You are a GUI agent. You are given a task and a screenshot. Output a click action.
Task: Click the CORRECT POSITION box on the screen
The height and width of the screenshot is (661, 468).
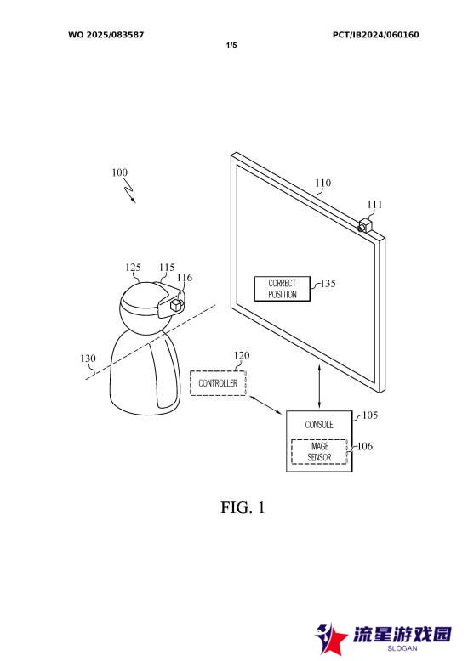click(x=283, y=289)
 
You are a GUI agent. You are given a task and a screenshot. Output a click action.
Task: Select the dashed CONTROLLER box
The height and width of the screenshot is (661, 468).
click(x=218, y=383)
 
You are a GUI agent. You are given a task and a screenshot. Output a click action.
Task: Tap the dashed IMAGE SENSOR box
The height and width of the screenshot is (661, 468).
click(x=319, y=451)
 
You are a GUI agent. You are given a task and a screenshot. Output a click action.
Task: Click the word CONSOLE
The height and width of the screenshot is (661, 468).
click(x=319, y=425)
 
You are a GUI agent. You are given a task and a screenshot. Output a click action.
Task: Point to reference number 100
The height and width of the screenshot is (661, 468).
click(x=119, y=172)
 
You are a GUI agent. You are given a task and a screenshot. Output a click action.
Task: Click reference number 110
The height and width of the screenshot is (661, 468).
click(x=323, y=183)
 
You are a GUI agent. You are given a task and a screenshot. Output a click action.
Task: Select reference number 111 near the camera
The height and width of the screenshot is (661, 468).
click(x=374, y=205)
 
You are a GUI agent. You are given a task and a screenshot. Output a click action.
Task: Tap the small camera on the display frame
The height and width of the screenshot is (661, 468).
click(x=365, y=224)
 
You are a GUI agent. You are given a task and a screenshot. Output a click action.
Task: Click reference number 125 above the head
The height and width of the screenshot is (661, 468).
click(x=133, y=268)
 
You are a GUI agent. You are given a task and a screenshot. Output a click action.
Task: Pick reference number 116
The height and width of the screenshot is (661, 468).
click(x=184, y=277)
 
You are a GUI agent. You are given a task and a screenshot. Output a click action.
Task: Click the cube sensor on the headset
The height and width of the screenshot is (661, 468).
click(x=175, y=305)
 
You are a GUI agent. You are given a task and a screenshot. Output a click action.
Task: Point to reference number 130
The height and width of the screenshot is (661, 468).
click(x=88, y=359)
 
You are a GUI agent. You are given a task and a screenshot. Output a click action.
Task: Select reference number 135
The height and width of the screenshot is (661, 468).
click(x=328, y=283)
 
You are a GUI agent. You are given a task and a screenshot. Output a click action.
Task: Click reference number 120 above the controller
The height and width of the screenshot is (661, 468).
click(x=242, y=355)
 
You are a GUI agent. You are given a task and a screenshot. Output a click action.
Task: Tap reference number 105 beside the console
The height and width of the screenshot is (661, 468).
click(x=370, y=415)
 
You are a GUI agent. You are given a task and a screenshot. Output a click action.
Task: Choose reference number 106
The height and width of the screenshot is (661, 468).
click(x=365, y=446)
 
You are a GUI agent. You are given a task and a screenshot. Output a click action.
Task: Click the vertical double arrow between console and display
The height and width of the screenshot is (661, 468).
click(x=319, y=387)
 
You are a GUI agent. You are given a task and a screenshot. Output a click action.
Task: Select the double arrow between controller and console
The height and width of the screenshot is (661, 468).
click(x=265, y=405)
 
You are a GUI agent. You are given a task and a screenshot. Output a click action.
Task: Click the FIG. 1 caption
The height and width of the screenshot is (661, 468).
click(x=243, y=507)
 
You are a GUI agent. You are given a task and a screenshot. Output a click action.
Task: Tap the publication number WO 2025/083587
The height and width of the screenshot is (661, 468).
click(x=106, y=35)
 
